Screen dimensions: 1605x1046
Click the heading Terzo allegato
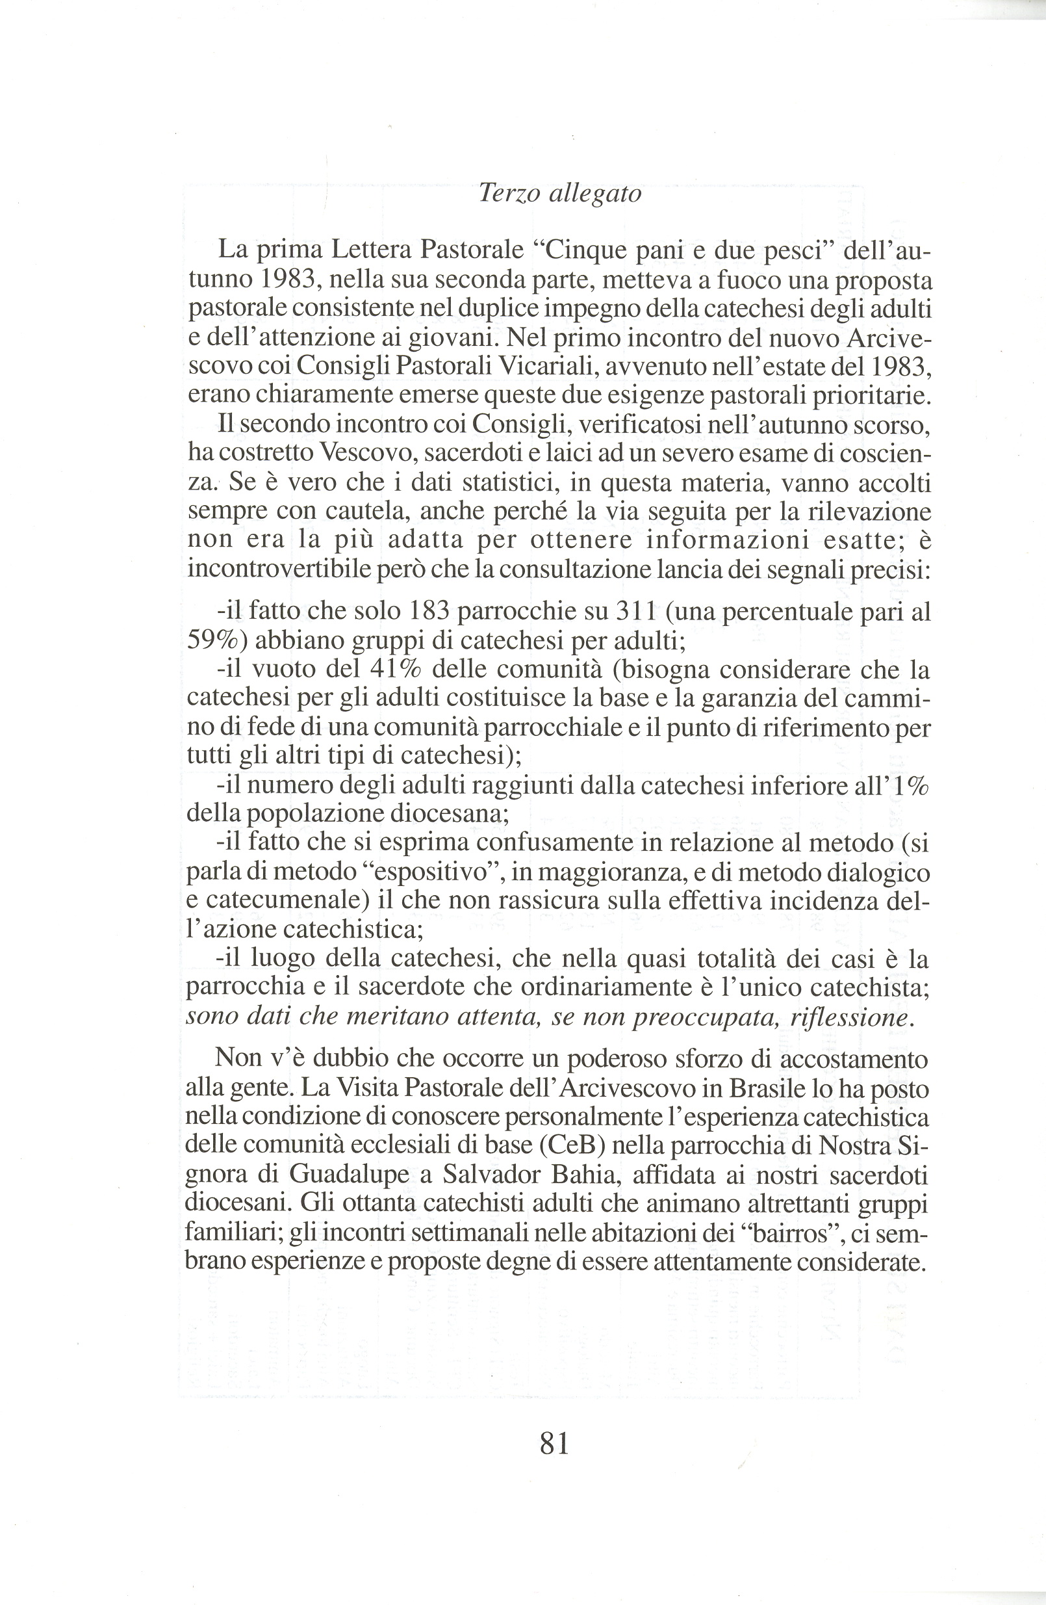(559, 194)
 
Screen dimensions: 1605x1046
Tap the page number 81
(555, 1444)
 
